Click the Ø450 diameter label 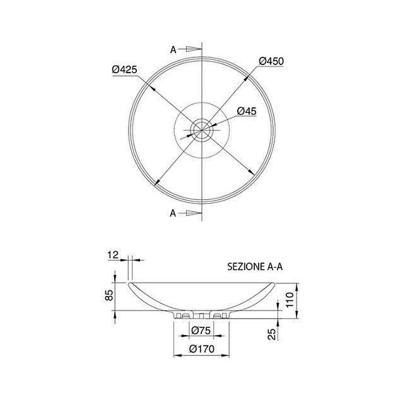tap(271, 61)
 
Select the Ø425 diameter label tap(124, 69)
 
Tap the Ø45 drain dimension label tap(247, 111)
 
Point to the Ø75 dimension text tap(201, 331)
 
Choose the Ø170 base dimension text tap(202, 349)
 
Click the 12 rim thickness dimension tap(113, 254)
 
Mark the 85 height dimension tap(109, 295)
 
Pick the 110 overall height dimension tap(290, 300)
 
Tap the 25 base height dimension tap(272, 334)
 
